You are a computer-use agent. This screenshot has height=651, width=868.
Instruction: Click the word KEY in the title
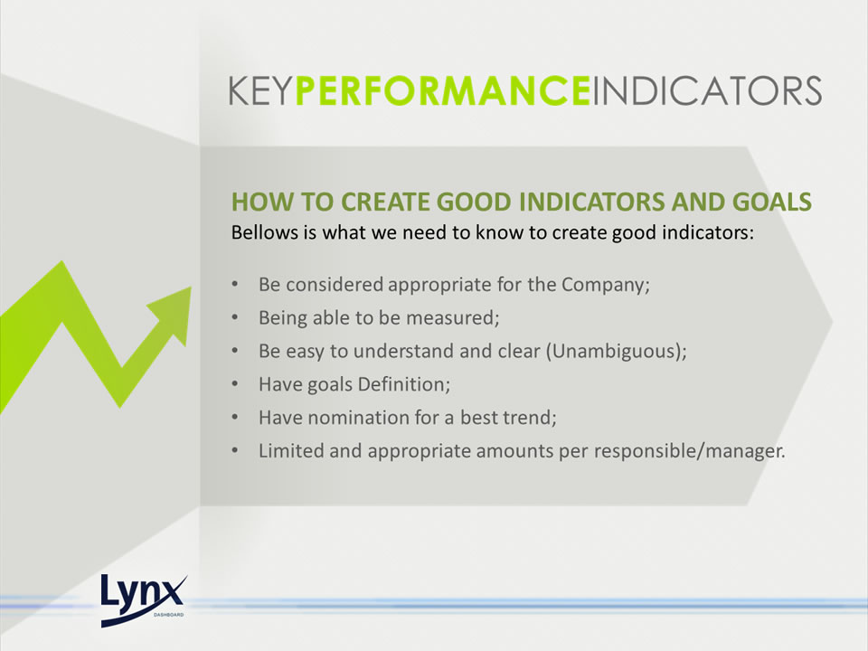pyautogui.click(x=260, y=90)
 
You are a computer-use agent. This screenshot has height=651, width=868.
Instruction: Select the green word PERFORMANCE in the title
pyautogui.click(x=442, y=90)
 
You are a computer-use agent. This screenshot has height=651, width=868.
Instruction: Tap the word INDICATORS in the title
pyautogui.click(x=707, y=90)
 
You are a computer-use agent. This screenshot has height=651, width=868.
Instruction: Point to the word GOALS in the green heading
pyautogui.click(x=771, y=202)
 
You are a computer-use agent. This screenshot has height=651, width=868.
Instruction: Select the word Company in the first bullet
pyautogui.click(x=605, y=286)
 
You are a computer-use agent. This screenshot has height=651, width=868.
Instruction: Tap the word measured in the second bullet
pyautogui.click(x=452, y=318)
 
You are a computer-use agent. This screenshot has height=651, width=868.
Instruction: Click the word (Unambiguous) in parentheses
pyautogui.click(x=616, y=352)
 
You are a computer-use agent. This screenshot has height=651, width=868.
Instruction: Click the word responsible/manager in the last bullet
pyautogui.click(x=689, y=451)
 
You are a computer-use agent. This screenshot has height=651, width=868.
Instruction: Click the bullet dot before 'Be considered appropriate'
pyautogui.click(x=235, y=285)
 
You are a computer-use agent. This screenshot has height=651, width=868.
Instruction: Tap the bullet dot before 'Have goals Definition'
pyautogui.click(x=235, y=384)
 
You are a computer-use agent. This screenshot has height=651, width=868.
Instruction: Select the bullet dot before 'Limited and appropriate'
pyautogui.click(x=235, y=450)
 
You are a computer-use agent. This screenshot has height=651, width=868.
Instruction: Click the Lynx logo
pyautogui.click(x=144, y=600)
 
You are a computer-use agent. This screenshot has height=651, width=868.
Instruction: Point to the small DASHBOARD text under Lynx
pyautogui.click(x=168, y=615)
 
